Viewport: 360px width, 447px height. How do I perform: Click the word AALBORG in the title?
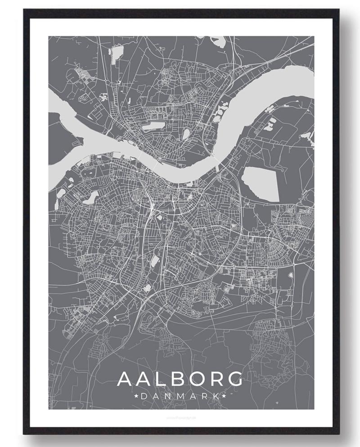coord(180,379)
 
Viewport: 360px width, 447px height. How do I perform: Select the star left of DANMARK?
coord(136,396)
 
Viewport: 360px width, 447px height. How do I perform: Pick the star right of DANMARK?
coord(224,396)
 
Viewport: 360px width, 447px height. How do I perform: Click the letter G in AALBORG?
coord(233,379)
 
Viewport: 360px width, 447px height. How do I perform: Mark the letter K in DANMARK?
coord(216,396)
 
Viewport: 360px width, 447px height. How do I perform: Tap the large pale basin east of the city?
coord(261,184)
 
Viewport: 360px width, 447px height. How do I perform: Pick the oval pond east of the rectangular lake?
coord(185,134)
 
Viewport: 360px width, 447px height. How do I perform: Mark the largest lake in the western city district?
coord(94,196)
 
